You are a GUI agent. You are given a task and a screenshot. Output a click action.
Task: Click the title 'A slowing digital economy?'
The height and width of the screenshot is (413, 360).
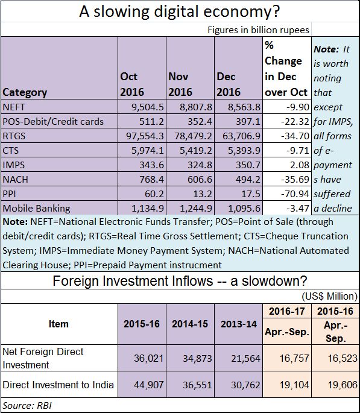179,11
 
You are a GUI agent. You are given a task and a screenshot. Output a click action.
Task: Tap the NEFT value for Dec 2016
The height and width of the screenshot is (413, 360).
244,107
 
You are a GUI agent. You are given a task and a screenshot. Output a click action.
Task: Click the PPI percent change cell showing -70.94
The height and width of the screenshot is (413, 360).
295,194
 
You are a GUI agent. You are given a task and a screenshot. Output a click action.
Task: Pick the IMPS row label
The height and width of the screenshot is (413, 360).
13,165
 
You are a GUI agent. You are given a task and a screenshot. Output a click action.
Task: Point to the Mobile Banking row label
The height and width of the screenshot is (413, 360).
36,209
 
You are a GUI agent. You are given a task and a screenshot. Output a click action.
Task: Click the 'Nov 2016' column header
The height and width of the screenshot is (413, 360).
180,84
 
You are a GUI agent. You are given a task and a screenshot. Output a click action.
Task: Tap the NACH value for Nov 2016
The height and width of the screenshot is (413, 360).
200,180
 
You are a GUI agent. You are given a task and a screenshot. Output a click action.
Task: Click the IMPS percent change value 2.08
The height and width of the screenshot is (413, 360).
299,165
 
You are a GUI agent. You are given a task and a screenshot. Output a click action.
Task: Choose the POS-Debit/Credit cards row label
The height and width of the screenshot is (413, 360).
53,122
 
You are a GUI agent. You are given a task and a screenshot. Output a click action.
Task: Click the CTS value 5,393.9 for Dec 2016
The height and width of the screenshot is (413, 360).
244,150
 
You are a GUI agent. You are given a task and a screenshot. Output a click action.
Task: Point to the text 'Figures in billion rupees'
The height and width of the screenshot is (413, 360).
258,30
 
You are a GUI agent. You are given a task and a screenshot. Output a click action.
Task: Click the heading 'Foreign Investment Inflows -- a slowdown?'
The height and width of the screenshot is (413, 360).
180,281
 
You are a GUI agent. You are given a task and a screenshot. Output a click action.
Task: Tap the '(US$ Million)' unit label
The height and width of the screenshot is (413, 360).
329,296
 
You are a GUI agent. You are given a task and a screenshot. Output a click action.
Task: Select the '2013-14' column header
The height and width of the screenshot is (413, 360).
239,324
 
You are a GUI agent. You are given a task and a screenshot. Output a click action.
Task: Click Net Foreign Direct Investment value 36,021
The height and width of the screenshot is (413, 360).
148,358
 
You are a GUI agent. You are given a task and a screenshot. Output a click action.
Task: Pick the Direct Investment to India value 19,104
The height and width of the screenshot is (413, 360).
294,385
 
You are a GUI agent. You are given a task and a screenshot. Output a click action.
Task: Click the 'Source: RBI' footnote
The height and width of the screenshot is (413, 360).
27,405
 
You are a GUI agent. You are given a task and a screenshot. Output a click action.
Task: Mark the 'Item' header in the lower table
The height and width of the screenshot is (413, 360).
58,324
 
